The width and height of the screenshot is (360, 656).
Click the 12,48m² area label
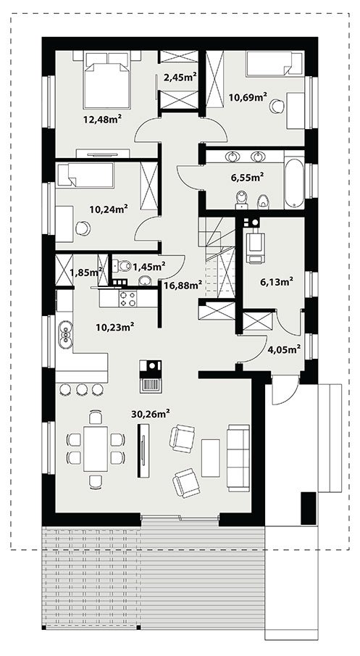pos(102,120)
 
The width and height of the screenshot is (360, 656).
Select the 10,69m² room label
pos(248,97)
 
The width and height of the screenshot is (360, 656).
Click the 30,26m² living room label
pos(151,414)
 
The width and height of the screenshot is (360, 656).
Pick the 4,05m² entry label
pos(285,349)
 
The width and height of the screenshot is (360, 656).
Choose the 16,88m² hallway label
pos(183,286)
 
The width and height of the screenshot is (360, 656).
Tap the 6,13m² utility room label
pos(276,283)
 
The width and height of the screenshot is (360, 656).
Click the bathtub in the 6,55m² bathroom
pos(294,183)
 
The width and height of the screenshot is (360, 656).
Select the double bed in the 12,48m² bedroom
pos(106,80)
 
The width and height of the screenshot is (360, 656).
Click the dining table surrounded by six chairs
pos(96,449)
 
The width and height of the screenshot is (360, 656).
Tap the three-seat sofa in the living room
pos(239,457)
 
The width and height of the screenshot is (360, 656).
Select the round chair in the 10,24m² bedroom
pos(83,228)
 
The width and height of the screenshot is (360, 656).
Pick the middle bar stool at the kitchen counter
pos(82,389)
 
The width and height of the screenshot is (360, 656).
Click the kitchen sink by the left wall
pos(66,334)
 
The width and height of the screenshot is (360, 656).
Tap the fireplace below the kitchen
pos(151,375)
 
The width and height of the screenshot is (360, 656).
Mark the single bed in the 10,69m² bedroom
pos(275,64)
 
